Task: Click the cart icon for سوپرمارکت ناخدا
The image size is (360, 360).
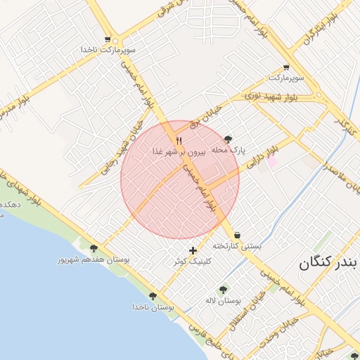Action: point(107,39)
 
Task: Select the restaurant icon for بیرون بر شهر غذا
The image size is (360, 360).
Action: point(179,141)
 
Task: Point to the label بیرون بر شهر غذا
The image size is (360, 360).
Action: point(179,151)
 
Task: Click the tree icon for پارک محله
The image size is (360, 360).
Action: point(227,139)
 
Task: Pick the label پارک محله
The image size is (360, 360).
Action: point(227,150)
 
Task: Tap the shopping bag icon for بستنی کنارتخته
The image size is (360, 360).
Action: point(237,235)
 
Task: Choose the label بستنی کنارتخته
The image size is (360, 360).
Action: point(237,246)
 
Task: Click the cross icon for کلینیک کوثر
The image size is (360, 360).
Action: point(193,250)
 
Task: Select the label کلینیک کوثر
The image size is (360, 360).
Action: point(191,261)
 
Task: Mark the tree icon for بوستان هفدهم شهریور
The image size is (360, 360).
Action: point(94,247)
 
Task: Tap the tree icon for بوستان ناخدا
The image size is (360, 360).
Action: point(153,296)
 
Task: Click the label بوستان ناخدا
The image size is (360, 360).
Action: point(153,307)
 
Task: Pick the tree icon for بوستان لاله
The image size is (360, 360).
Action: point(223,290)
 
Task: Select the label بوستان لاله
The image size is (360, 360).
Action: point(223,300)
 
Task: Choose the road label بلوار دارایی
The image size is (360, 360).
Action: point(263,155)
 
